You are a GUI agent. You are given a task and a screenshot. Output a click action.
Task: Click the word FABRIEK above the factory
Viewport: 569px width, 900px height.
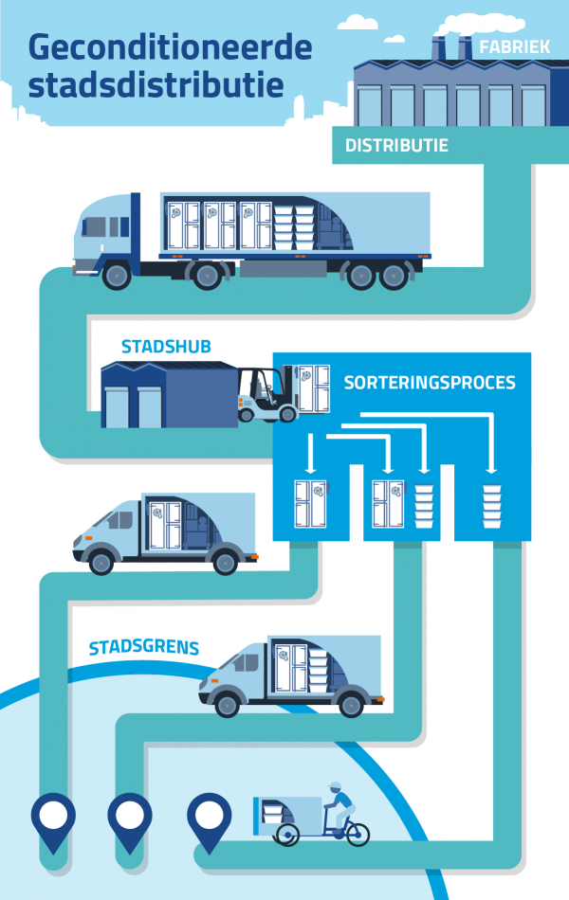point(514,46)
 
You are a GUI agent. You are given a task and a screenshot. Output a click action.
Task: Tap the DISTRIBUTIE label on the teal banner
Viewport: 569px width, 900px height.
point(396,145)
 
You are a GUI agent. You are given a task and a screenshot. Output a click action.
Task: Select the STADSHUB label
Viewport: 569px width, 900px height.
point(166,347)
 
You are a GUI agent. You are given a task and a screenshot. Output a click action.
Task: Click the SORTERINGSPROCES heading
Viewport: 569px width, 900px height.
point(430,383)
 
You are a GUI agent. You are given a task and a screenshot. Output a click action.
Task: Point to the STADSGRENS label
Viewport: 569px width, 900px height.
point(144,647)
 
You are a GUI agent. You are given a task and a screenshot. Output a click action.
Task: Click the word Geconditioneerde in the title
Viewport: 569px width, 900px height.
point(170,47)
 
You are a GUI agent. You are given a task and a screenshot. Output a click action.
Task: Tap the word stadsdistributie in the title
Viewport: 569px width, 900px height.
point(156,84)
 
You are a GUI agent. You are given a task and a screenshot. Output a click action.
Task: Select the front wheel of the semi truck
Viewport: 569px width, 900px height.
point(117,276)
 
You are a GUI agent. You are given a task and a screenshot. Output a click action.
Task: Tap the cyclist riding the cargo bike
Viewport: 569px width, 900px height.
point(340,808)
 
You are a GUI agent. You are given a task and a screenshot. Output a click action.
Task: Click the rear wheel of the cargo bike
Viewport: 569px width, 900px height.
point(358,835)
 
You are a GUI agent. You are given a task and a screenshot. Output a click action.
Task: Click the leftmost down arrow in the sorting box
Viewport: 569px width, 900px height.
point(311,454)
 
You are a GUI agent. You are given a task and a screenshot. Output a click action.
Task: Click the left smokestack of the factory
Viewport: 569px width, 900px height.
point(439,48)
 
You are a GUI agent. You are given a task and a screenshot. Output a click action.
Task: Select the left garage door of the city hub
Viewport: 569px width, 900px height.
point(116,407)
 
